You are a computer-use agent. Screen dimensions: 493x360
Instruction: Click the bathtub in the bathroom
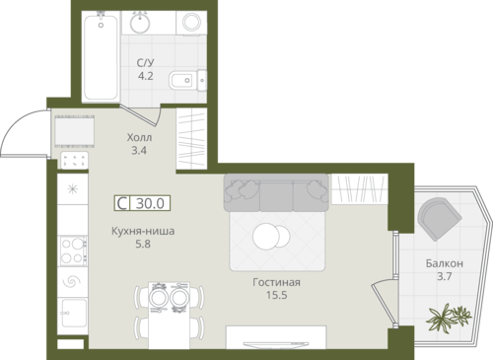coord(101,56)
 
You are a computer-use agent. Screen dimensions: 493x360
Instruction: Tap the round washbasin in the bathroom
coord(140,22)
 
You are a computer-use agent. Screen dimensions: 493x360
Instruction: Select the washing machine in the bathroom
coord(191,23)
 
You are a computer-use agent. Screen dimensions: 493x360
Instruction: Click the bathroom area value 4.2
coord(145,76)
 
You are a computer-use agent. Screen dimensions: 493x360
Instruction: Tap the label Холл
coord(139,137)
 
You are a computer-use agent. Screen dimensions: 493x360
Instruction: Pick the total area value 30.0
coord(150,203)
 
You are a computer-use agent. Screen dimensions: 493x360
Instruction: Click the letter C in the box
coord(122,203)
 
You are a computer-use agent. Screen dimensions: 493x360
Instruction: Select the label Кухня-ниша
coord(143,231)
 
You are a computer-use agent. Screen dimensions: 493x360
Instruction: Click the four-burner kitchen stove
coord(73,252)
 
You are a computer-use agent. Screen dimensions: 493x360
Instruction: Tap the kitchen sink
coord(73,313)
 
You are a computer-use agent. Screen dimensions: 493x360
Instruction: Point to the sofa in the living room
coord(276,192)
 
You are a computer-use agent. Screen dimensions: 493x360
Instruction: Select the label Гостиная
coord(276,282)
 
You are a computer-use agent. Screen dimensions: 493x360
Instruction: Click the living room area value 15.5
coord(276,295)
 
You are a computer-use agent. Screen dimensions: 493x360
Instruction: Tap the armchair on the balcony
coord(439,218)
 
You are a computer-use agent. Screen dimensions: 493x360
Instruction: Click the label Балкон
coord(445,263)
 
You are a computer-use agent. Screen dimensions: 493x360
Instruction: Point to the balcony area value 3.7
coord(445,276)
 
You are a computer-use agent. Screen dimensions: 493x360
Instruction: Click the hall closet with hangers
coord(191,138)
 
